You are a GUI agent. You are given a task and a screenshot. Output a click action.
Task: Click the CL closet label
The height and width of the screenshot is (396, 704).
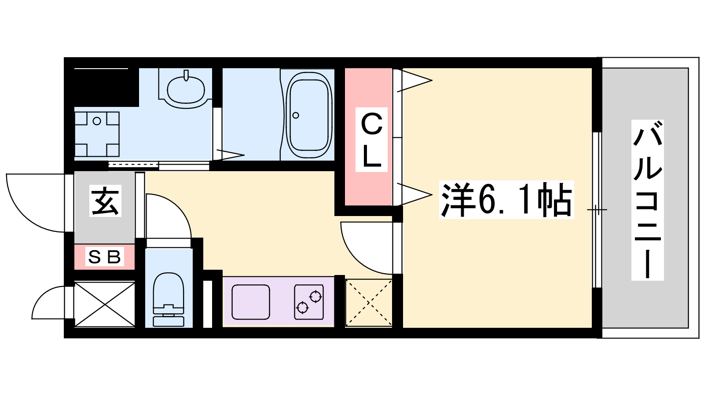(371, 139)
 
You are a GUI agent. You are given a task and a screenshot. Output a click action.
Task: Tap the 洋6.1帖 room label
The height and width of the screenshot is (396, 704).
(506, 200)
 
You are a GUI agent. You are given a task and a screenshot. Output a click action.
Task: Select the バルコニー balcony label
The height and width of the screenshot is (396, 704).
(647, 200)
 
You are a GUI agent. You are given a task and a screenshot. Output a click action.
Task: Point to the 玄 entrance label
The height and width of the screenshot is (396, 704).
(105, 201)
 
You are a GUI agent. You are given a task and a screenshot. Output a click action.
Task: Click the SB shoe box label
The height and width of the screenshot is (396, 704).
(105, 257)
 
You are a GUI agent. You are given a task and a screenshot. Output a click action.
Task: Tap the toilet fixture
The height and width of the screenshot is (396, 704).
(169, 299)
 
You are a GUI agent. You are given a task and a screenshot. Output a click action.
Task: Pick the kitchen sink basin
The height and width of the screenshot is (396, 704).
(250, 302)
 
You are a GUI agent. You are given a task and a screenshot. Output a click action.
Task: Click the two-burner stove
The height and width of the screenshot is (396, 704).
(309, 302)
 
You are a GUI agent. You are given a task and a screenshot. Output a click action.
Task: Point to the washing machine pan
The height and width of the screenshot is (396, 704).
(97, 134)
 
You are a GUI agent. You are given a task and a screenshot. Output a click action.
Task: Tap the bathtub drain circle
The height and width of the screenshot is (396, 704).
(295, 115)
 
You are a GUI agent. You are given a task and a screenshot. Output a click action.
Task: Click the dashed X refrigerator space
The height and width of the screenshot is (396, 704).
(369, 303)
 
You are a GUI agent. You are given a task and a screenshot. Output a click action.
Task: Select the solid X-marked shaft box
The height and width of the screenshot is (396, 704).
(105, 304)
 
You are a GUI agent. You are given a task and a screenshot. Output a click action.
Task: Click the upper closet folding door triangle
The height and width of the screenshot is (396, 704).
(414, 81)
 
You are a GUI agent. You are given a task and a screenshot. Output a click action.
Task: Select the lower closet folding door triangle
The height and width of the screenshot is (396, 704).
(414, 194)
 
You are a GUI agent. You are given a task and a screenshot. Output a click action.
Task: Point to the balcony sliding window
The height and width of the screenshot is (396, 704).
(597, 210)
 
